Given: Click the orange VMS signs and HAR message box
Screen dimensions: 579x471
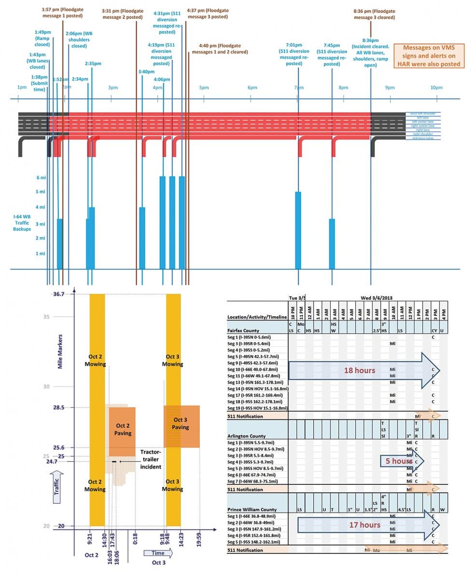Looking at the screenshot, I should pyautogui.click(x=429, y=56).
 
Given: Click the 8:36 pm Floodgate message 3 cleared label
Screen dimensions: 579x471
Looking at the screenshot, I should pyautogui.click(x=374, y=14).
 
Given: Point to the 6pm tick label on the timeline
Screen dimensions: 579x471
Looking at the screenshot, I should pyautogui.click(x=252, y=87).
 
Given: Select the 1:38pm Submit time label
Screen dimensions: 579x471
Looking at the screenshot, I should pyautogui.click(x=39, y=83).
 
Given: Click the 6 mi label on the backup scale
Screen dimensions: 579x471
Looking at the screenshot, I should pyautogui.click(x=41, y=178).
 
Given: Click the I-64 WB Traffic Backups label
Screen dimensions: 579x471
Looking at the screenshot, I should pyautogui.click(x=22, y=222).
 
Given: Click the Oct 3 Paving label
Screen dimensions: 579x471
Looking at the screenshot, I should pyautogui.click(x=181, y=424).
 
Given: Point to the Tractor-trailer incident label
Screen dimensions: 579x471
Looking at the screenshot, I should pyautogui.click(x=151, y=459).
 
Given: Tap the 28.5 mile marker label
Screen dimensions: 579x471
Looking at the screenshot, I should pyautogui.click(x=58, y=407).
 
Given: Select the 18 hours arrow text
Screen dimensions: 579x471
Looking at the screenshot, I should pyautogui.click(x=359, y=371).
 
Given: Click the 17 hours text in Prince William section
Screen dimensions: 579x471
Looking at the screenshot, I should pyautogui.click(x=365, y=524).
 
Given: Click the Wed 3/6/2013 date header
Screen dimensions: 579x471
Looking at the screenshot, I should pyautogui.click(x=376, y=297).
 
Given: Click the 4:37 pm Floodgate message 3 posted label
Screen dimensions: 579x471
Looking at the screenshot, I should pyautogui.click(x=208, y=13).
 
